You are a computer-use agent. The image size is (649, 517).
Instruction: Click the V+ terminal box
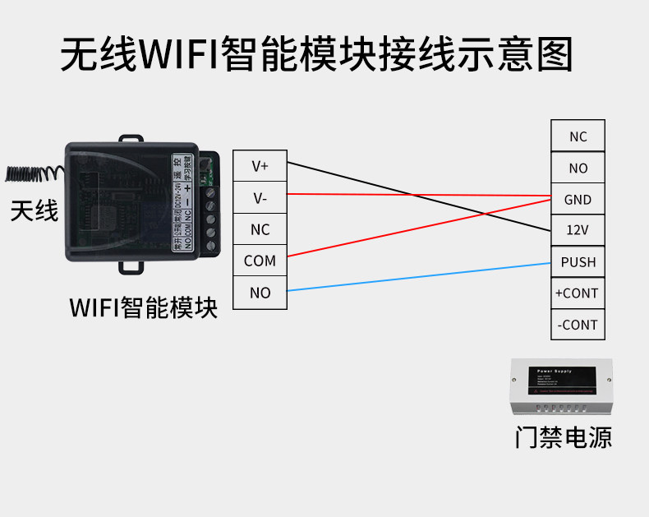pos(260,166)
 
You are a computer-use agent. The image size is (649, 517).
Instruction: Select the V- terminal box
pos(260,198)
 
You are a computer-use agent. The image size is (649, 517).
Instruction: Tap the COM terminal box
pos(260,261)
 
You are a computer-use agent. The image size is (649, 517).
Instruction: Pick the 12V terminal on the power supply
pos(578,231)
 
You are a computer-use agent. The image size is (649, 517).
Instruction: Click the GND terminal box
pos(578,200)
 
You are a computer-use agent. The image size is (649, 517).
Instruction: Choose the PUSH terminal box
pos(578,262)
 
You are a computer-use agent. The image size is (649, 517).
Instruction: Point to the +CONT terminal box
pos(578,293)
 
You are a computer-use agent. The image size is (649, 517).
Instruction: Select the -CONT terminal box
pos(578,325)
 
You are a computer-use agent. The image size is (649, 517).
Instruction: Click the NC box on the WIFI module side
pos(260,229)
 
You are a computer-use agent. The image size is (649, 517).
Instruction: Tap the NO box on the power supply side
pos(578,168)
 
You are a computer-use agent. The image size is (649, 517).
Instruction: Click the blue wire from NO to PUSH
pos(419,276)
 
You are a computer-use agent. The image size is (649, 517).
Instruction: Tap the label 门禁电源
pos(564,436)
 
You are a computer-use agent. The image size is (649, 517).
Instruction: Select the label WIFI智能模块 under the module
pos(144,308)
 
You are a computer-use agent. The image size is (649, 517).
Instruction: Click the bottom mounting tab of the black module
pos(131,265)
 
